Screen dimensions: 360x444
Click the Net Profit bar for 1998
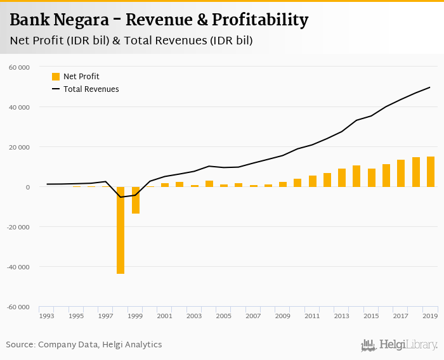click(x=121, y=230)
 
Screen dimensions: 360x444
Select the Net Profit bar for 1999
click(x=135, y=200)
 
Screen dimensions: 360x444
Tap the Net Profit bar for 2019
click(x=431, y=172)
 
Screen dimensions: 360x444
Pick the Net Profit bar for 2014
click(x=356, y=176)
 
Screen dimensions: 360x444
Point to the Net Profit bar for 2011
click(x=313, y=181)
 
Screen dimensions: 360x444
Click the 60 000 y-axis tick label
click(x=20, y=67)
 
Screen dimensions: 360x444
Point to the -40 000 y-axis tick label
click(x=18, y=267)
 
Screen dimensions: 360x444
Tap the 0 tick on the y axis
click(x=27, y=187)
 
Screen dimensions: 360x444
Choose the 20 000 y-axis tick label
click(x=20, y=147)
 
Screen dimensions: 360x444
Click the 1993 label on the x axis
click(x=47, y=316)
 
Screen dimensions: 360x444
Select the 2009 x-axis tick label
click(x=283, y=316)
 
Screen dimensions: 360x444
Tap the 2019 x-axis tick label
click(x=430, y=316)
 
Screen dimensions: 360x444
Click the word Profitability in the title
click(x=261, y=20)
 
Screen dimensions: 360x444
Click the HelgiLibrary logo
click(x=399, y=345)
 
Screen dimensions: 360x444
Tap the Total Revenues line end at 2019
click(x=431, y=87)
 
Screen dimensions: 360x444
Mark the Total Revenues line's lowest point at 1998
click(x=121, y=197)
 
